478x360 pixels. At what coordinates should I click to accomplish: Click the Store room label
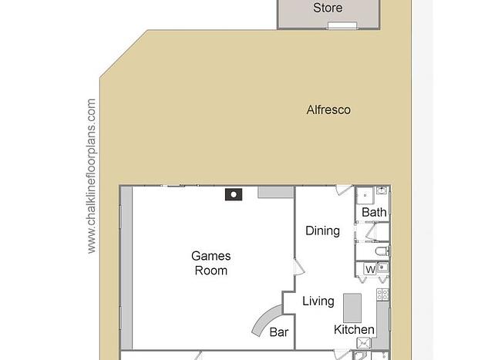tap(328, 8)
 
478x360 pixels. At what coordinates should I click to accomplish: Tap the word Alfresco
tap(328, 109)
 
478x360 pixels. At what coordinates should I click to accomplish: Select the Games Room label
tap(211, 263)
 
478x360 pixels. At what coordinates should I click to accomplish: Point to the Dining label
tap(322, 230)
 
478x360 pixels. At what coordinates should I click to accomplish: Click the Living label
tap(318, 301)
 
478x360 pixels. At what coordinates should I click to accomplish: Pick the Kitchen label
tap(354, 329)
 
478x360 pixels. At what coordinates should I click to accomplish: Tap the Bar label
tap(279, 332)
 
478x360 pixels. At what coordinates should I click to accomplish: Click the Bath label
tap(374, 212)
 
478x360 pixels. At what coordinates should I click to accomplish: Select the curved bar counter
tap(265, 319)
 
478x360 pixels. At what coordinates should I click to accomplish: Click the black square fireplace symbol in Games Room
tap(234, 194)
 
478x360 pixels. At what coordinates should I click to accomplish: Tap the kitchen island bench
tap(352, 308)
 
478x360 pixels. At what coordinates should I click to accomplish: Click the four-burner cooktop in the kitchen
tap(382, 294)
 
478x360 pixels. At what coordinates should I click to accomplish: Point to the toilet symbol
tap(382, 251)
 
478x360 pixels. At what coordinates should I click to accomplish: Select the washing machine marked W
tap(370, 270)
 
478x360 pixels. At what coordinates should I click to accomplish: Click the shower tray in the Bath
tap(365, 195)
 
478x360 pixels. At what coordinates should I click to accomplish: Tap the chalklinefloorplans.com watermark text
tap(92, 176)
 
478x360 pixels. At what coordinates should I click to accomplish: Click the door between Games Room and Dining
tap(299, 267)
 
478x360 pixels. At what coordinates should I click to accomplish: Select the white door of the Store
tap(342, 25)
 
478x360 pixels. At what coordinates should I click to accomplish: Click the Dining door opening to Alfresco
tap(344, 190)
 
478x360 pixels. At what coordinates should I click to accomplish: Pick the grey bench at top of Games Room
tap(276, 193)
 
